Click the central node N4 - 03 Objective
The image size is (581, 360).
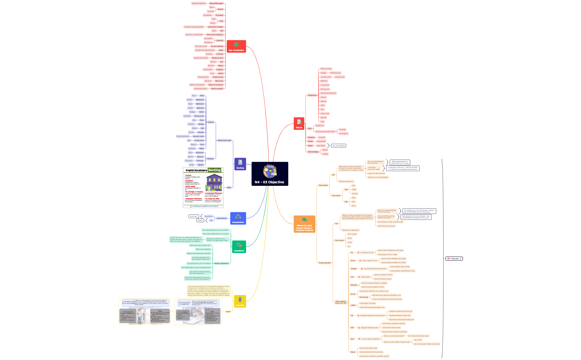[270, 174]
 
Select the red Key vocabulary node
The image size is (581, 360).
[236, 46]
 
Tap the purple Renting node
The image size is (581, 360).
[240, 164]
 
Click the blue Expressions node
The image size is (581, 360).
[238, 218]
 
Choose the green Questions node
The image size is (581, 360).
[239, 247]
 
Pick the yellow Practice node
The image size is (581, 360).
[240, 301]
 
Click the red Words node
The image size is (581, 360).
[299, 124]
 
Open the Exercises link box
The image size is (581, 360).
[454, 259]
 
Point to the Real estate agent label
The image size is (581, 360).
[216, 3]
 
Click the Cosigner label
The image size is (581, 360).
[220, 70]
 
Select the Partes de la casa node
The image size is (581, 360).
[224, 140]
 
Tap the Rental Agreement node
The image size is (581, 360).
[221, 263]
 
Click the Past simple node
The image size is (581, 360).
[323, 185]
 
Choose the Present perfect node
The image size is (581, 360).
[324, 263]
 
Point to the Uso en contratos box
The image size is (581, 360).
[339, 146]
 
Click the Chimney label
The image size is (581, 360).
[200, 161]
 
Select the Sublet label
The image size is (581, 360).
[310, 141]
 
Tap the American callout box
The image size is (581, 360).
[193, 216]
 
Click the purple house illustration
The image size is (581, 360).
[214, 183]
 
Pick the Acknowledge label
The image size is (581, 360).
[313, 152]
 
